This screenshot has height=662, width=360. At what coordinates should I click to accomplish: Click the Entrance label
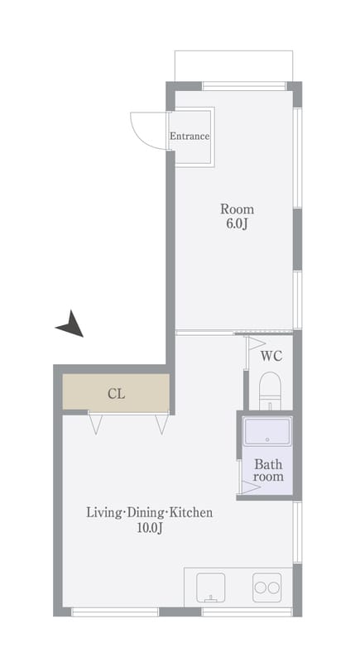[190, 137]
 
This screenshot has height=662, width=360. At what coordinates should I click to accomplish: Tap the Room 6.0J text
[238, 216]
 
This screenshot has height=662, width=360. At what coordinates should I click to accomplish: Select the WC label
[271, 357]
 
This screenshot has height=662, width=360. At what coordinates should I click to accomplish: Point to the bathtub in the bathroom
[267, 431]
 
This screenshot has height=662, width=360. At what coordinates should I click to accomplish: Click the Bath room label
[268, 471]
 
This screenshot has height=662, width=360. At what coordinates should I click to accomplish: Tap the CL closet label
[116, 395]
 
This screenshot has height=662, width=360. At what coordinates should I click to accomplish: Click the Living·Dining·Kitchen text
[150, 513]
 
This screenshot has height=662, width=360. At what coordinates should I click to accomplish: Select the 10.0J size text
[150, 528]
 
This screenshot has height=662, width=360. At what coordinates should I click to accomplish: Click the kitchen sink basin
[210, 588]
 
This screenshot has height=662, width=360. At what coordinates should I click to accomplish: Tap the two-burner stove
[267, 588]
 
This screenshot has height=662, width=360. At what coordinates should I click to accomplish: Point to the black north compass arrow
[71, 325]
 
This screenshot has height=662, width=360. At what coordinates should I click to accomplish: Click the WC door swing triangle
[257, 343]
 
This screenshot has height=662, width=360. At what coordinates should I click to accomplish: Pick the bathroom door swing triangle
[251, 487]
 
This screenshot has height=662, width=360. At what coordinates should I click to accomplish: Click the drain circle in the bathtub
[267, 440]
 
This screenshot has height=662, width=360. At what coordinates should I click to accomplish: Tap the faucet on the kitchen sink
[210, 598]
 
